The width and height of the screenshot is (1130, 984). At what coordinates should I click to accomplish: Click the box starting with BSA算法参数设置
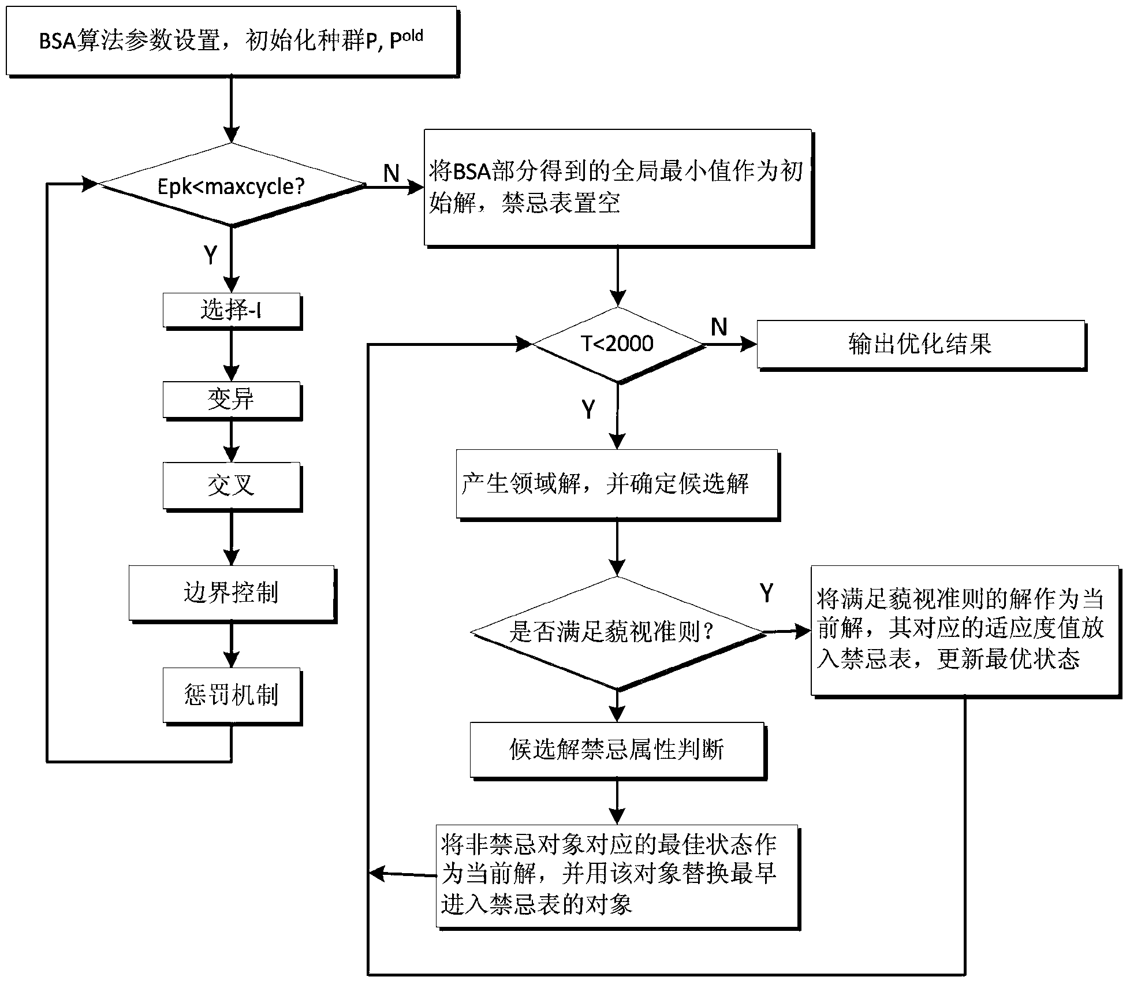231,41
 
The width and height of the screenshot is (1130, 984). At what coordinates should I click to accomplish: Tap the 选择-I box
232,311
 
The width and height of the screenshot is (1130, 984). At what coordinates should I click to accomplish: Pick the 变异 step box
232,399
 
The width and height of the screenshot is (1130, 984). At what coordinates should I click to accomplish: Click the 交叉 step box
232,485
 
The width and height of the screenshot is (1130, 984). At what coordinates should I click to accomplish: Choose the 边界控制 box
231,593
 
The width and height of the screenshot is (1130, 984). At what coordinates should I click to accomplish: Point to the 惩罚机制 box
232,695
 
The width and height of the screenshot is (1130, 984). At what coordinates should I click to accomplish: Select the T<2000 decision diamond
617,344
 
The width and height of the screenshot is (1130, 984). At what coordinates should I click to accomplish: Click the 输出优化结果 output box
920,344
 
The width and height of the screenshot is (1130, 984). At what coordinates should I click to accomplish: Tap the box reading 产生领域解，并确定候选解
617,484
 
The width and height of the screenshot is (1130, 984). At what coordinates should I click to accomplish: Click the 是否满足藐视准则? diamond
617,632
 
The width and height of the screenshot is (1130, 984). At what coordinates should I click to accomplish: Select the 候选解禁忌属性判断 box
617,750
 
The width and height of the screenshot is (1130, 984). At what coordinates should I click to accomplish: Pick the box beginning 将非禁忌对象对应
617,875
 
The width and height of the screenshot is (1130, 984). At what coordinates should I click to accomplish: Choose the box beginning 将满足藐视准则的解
964,630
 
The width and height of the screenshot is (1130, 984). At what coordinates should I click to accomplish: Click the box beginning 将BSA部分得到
617,187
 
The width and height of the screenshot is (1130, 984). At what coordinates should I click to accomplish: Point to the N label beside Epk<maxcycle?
391,173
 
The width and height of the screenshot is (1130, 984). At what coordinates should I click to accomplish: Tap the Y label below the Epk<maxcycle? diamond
211,255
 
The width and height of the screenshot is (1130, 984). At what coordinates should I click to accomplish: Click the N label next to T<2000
719,327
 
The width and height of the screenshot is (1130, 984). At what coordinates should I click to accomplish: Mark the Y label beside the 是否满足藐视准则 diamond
766,593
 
